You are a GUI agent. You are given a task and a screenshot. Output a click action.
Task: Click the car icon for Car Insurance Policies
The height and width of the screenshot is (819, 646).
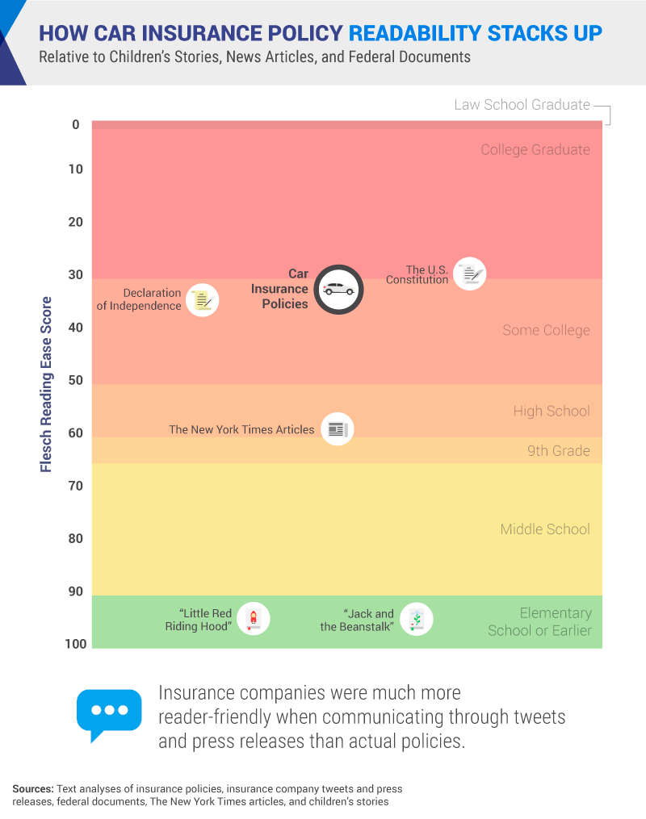(338, 289)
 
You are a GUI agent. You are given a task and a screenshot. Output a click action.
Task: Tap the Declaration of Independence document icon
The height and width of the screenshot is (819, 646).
(202, 300)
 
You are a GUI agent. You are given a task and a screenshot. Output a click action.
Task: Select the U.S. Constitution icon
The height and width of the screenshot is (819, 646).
(469, 274)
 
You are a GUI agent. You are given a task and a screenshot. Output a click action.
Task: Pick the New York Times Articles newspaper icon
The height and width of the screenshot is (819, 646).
(337, 429)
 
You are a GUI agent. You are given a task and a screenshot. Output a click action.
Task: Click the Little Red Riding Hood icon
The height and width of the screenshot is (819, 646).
(254, 619)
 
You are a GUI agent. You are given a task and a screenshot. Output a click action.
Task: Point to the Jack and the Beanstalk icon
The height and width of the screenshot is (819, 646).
(416, 620)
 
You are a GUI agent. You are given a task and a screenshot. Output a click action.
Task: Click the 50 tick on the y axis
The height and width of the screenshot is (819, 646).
(75, 380)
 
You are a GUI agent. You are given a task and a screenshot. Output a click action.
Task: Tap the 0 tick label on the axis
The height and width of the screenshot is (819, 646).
(75, 124)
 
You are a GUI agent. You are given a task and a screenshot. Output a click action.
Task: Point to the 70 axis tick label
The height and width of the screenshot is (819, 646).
(75, 486)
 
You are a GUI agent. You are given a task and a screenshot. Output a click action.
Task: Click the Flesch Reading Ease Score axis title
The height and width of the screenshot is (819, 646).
(46, 384)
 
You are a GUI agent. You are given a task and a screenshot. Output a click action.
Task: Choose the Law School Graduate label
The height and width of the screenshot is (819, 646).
(522, 105)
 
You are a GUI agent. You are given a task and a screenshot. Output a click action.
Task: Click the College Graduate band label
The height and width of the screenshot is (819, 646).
(535, 149)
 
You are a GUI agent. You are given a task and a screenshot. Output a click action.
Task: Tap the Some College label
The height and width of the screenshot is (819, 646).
(546, 330)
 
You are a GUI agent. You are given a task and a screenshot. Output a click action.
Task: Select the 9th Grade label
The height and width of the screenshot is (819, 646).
(559, 450)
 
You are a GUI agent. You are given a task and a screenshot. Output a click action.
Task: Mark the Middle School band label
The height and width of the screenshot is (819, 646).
(545, 529)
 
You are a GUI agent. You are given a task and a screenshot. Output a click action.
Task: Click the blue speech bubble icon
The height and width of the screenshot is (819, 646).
(108, 712)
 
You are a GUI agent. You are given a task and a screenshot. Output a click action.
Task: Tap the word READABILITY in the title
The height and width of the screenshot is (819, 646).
(415, 34)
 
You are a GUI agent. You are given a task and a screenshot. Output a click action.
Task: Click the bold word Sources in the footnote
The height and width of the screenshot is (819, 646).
(32, 788)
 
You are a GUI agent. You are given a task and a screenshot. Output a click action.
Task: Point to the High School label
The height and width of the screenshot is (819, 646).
(552, 411)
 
